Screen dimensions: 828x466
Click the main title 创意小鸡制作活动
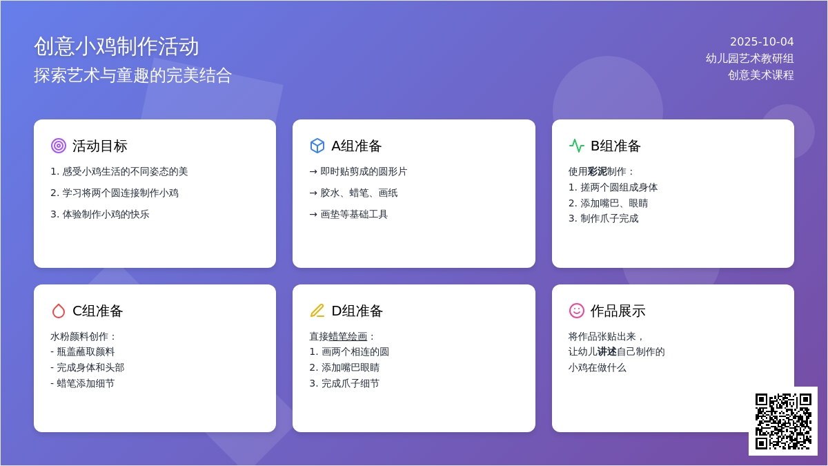117,47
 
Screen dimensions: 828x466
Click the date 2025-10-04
762,42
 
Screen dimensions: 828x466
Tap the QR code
783,422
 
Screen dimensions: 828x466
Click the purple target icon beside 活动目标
59,146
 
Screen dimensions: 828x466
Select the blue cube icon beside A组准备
317,146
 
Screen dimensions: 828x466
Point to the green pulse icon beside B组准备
577,146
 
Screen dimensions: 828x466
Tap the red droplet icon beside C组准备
59,311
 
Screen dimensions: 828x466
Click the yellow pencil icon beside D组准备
317,311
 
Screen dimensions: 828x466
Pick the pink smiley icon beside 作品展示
577,311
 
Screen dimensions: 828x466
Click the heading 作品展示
618,311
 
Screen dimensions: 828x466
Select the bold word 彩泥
598,172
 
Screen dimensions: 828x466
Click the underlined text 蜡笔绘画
348,337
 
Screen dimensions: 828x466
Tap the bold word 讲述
607,351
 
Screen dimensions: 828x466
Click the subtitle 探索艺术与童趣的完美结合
132,75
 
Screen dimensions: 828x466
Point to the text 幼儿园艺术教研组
749,59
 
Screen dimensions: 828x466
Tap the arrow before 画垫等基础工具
313,215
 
